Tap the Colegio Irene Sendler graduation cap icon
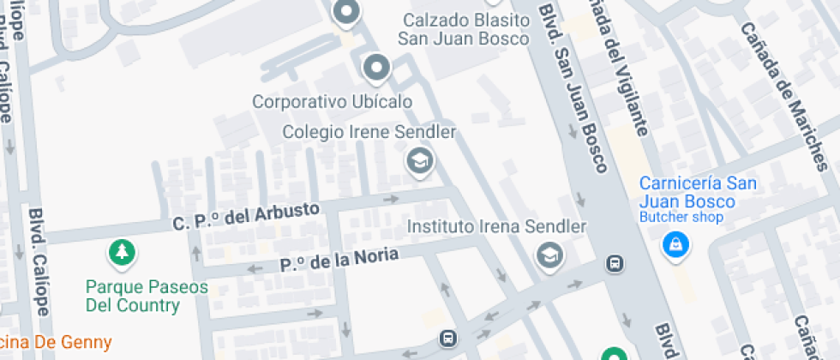point(418,159)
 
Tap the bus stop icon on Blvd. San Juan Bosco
point(614,263)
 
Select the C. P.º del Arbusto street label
point(246,215)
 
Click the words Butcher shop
point(681,218)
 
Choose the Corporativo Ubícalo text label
point(332,101)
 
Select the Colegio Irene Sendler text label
point(369,132)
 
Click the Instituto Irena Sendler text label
point(496,227)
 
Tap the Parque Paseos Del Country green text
point(147,296)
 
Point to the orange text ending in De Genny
point(56,343)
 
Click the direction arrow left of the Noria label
point(255,268)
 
